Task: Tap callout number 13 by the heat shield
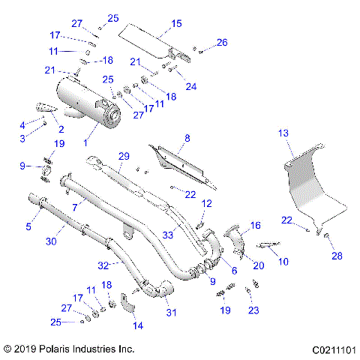click(283, 133)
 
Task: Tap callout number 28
click(337, 256)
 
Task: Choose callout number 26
click(221, 43)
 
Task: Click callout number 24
click(190, 86)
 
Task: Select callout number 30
click(51, 241)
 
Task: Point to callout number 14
click(136, 325)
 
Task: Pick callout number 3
click(22, 139)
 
